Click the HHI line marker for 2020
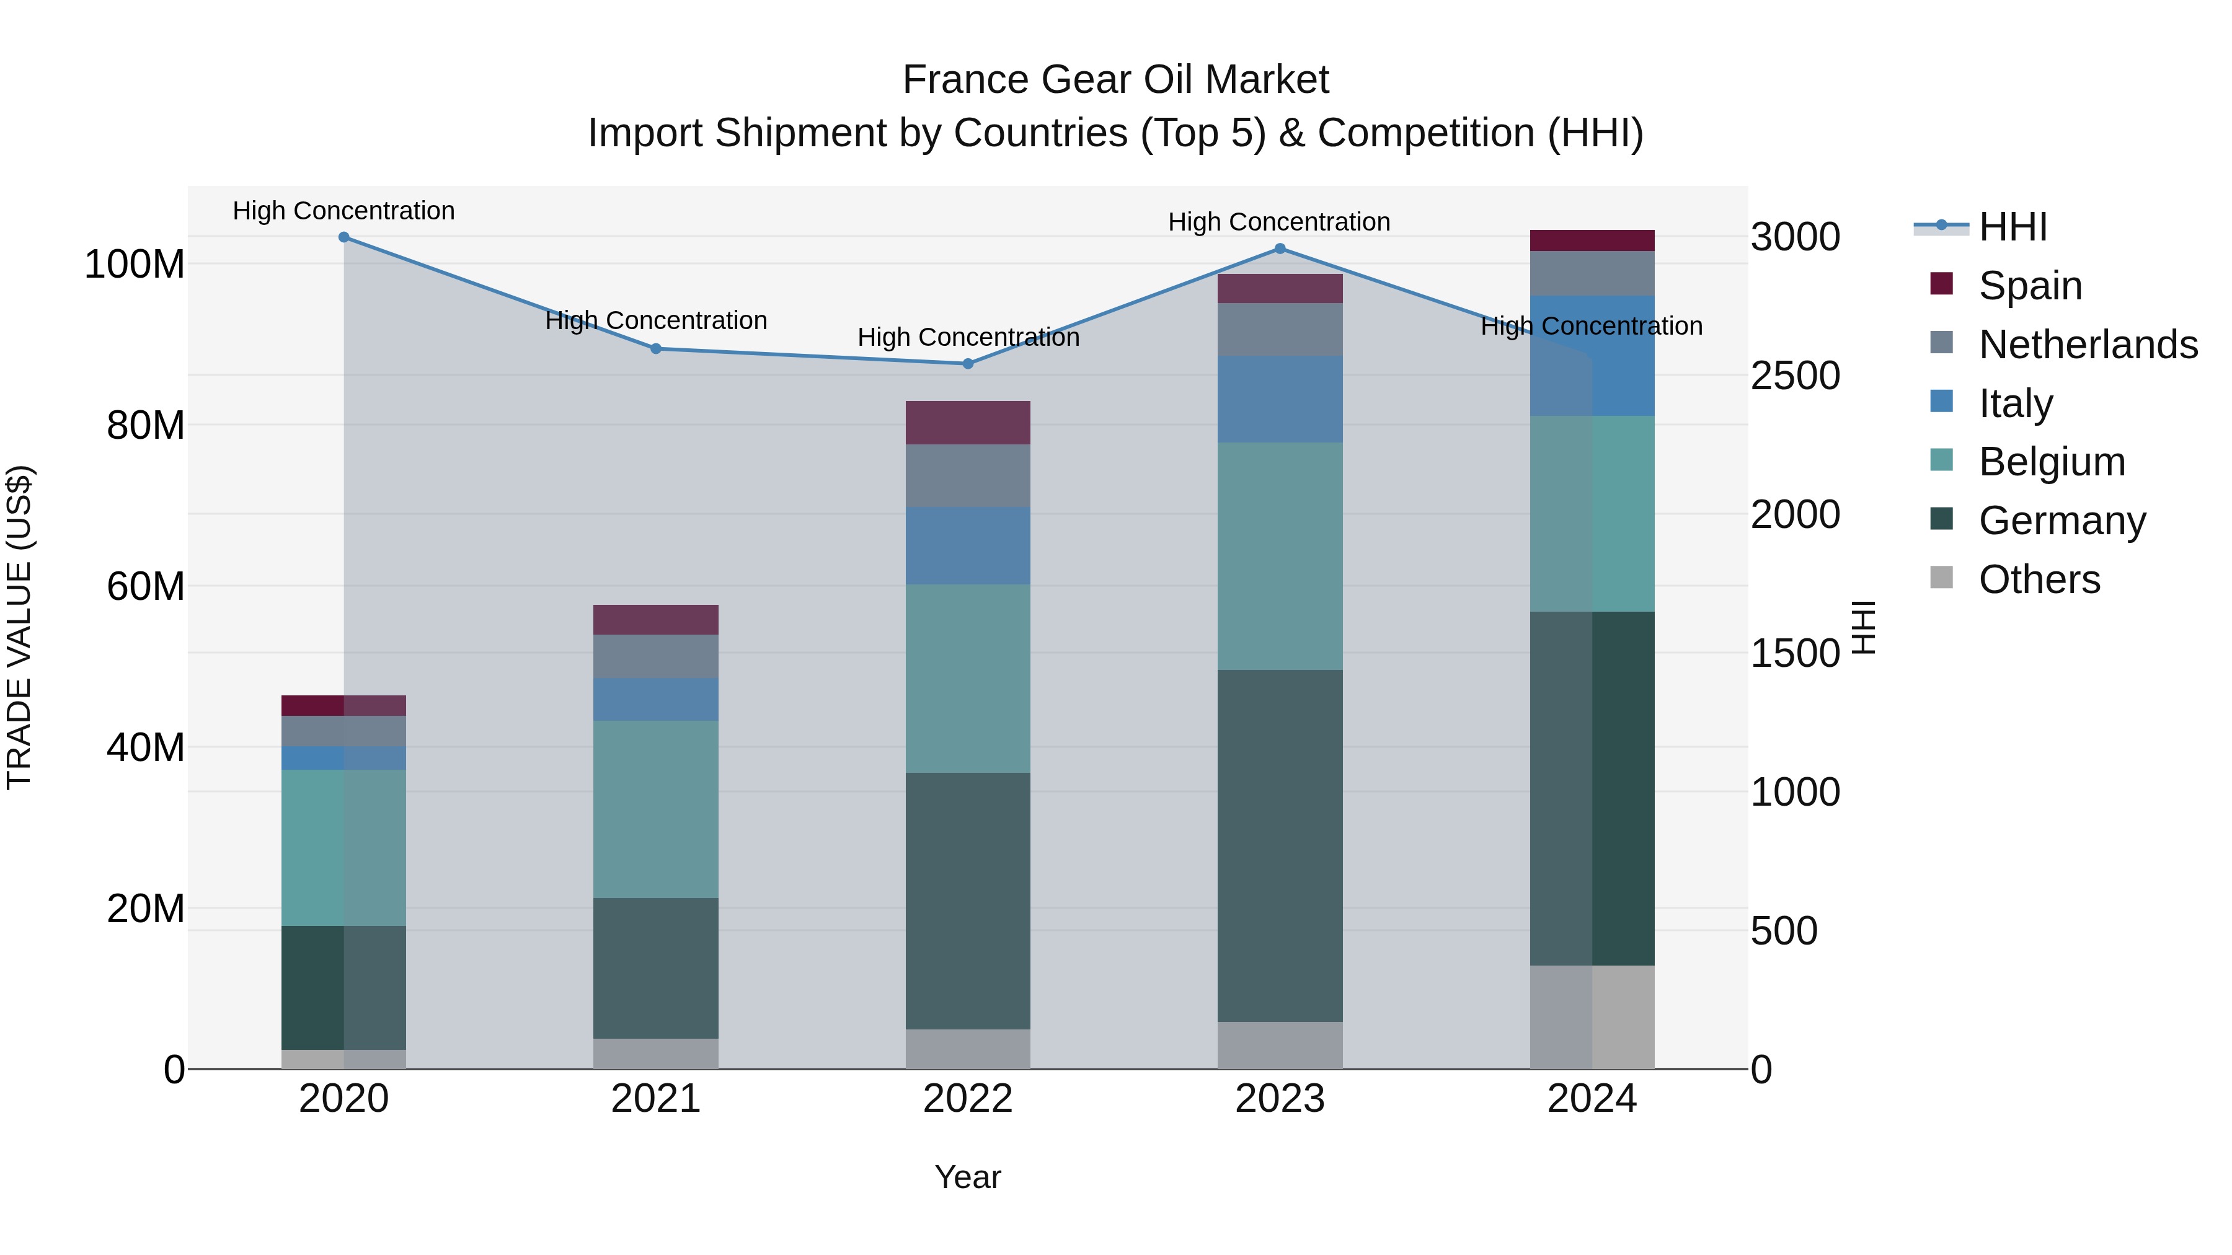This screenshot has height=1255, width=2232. point(344,237)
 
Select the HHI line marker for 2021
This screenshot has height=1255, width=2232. point(656,349)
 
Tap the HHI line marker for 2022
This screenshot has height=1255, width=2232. point(968,364)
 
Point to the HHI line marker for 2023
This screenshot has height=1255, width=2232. point(1280,249)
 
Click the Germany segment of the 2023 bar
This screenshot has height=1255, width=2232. point(1280,845)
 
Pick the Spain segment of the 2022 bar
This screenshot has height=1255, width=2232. point(968,423)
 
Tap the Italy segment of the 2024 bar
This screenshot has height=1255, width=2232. point(1592,355)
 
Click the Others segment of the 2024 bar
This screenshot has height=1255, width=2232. point(1592,1017)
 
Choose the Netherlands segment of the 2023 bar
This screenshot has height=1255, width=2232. point(1280,329)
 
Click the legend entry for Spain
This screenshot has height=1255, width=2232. point(2029,286)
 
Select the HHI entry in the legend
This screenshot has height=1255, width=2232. point(2012,227)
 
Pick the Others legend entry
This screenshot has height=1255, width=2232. point(2038,579)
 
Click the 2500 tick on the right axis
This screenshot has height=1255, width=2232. point(1794,376)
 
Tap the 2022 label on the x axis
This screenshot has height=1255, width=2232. point(968,1099)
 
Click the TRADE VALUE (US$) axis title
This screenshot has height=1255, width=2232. point(20,627)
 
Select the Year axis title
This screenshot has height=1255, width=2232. point(968,1177)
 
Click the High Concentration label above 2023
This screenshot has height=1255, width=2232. point(1279,222)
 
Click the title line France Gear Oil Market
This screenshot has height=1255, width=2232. point(1115,80)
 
